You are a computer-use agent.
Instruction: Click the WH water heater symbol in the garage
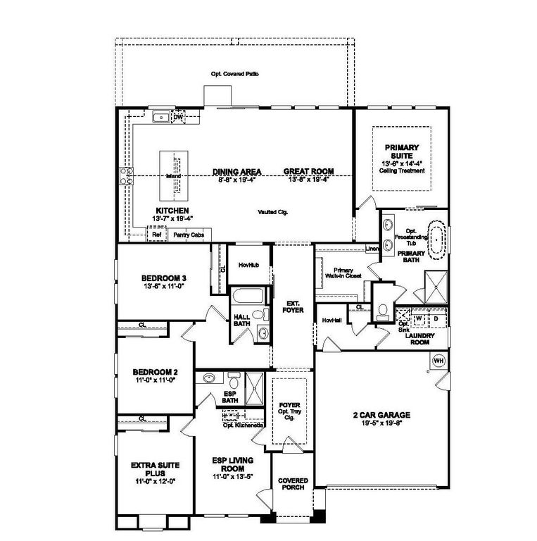(x=438, y=361)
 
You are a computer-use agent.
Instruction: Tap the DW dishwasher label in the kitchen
(x=179, y=117)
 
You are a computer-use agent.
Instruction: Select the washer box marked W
(x=419, y=318)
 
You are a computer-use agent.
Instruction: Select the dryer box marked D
(x=434, y=318)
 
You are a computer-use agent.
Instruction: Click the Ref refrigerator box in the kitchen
(x=157, y=235)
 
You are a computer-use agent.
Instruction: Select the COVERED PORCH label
(x=293, y=484)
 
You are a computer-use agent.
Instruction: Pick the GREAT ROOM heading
(x=308, y=171)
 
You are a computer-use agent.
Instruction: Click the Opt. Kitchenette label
(x=244, y=425)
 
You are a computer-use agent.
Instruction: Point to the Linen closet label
(x=372, y=249)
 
